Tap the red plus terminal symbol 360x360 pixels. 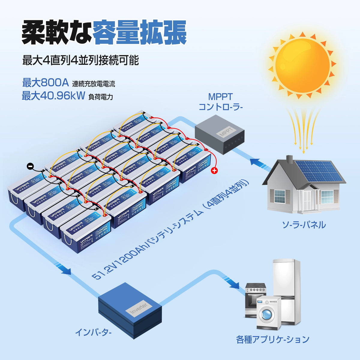(x=214, y=171)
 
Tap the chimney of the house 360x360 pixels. (x=289, y=160)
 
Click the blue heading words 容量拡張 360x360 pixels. (x=140, y=32)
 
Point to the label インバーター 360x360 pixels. (x=93, y=332)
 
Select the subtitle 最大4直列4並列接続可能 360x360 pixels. (x=80, y=60)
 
